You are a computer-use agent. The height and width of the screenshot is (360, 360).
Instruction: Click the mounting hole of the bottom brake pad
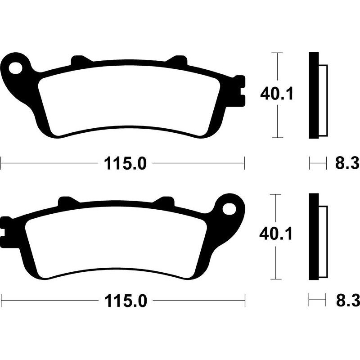tap(229, 209)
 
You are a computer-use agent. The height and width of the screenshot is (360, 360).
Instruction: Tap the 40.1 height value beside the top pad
tap(277, 94)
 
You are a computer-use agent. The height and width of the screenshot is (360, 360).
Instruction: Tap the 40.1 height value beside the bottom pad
tap(277, 234)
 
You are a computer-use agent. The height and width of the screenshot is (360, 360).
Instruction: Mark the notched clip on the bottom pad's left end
tap(6, 229)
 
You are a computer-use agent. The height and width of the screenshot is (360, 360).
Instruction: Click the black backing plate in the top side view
tap(313, 95)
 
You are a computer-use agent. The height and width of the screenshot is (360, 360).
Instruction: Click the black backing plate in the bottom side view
tap(313, 237)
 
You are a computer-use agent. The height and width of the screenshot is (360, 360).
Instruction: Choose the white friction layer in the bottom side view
tap(323, 241)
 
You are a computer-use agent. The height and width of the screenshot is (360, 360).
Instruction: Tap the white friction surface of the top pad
tap(130, 101)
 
